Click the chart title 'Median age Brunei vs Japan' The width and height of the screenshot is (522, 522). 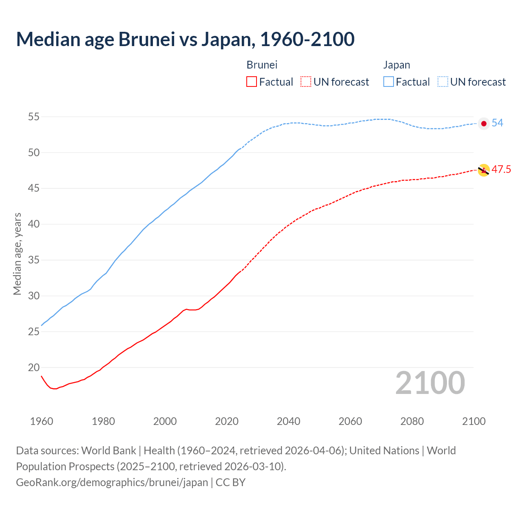pyautogui.click(x=185, y=40)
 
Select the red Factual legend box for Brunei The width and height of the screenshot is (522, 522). pyautogui.click(x=252, y=82)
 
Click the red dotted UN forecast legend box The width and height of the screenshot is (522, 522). pyautogui.click(x=306, y=82)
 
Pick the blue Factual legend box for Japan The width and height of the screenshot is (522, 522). pyautogui.click(x=389, y=82)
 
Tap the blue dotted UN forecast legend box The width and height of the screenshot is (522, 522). pyautogui.click(x=443, y=82)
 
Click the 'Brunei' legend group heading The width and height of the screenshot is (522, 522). pyautogui.click(x=262, y=65)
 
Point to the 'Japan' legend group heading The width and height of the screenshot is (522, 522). pyautogui.click(x=396, y=65)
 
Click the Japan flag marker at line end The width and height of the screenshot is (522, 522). pyautogui.click(x=484, y=124)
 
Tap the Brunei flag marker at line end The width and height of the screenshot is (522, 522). pyautogui.click(x=484, y=170)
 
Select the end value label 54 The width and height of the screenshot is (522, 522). pyautogui.click(x=497, y=123)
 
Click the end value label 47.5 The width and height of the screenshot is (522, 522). pyautogui.click(x=501, y=170)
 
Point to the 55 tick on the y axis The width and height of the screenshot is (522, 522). pyautogui.click(x=33, y=117)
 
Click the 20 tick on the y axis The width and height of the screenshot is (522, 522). pyautogui.click(x=33, y=367)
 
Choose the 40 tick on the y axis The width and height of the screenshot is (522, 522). pyautogui.click(x=33, y=224)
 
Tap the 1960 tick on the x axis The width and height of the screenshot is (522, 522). pyautogui.click(x=42, y=421)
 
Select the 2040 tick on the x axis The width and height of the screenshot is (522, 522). pyautogui.click(x=288, y=421)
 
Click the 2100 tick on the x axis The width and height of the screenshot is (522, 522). pyautogui.click(x=473, y=421)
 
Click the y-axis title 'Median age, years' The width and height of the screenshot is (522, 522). pyautogui.click(x=17, y=254)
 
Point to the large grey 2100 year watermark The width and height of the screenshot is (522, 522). pyautogui.click(x=430, y=383)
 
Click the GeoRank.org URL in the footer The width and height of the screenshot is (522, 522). pyautogui.click(x=112, y=482)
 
